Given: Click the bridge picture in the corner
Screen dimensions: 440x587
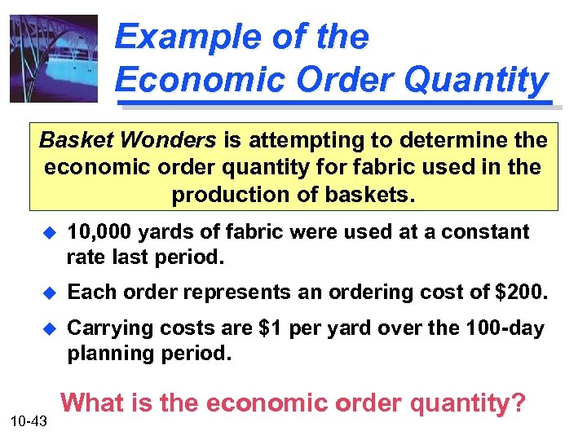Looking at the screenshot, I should (x=54, y=59).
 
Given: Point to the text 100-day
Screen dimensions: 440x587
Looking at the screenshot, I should (x=504, y=328).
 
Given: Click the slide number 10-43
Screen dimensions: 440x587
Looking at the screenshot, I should (x=30, y=420).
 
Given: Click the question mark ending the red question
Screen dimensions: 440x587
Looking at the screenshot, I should (x=519, y=403).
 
